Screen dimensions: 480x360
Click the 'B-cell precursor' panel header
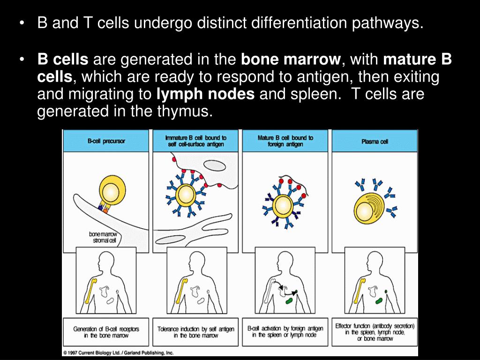click(106, 141)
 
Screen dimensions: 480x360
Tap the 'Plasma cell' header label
click(375, 141)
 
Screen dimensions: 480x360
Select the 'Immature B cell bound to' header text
click(196, 138)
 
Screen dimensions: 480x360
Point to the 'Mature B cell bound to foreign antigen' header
click(285, 141)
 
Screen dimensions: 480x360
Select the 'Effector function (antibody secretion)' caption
click(375, 326)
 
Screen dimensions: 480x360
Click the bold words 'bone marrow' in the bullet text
click(291, 60)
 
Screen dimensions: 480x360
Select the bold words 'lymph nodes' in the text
click(206, 94)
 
